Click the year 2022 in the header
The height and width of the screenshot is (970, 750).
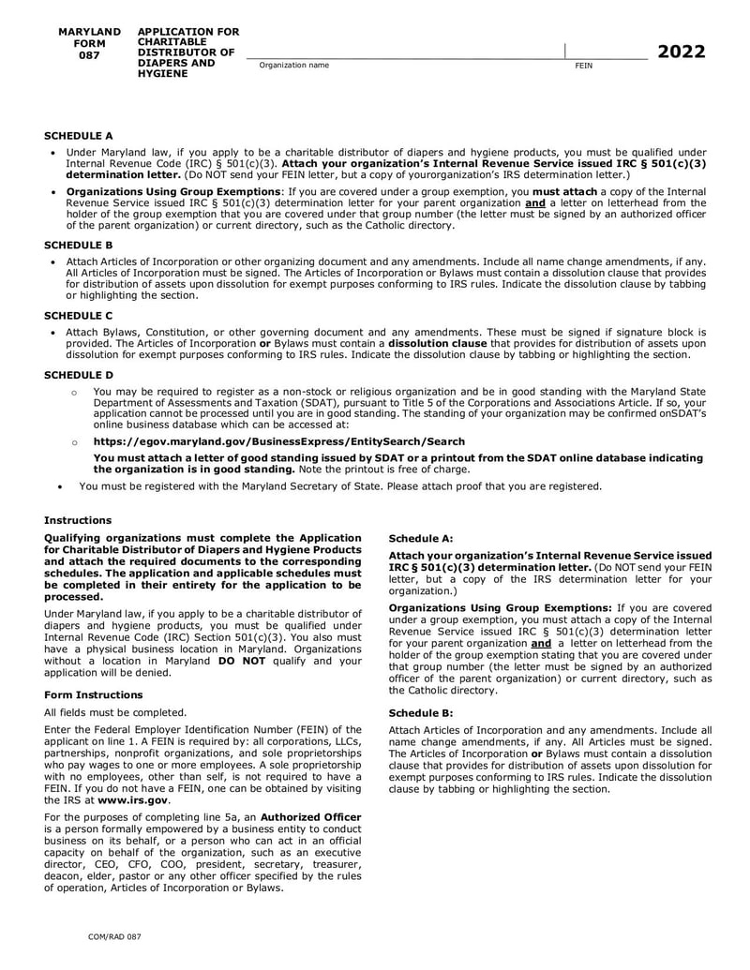(x=681, y=52)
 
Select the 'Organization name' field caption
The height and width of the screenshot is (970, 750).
(x=294, y=65)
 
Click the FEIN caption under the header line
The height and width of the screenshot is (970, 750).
(x=582, y=65)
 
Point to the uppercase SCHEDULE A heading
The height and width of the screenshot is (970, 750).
(x=79, y=136)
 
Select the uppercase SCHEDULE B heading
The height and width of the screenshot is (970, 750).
(x=79, y=243)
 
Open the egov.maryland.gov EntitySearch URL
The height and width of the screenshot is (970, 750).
(x=278, y=441)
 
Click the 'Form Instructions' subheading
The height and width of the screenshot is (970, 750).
(x=94, y=694)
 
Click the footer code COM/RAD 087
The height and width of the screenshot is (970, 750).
(x=114, y=936)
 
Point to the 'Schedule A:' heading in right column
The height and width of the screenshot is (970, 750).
(x=421, y=539)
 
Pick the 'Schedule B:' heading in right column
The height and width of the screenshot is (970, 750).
(x=421, y=712)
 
